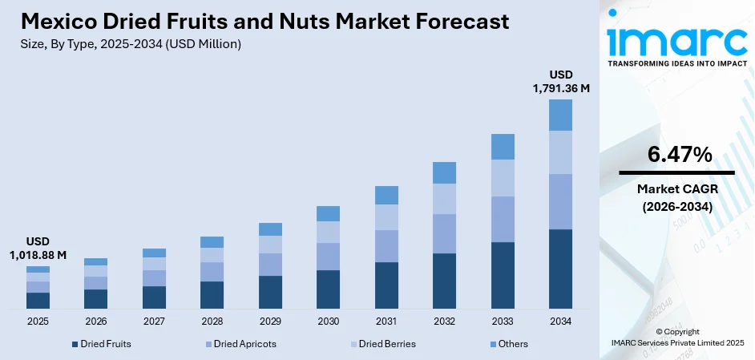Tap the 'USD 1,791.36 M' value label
tap(560, 82)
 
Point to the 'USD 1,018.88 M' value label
tap(38, 248)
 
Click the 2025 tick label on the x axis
tap(38, 321)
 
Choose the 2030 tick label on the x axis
tap(328, 321)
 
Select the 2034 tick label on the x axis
tap(560, 321)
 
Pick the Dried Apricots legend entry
tap(240, 344)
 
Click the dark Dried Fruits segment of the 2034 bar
tap(560, 269)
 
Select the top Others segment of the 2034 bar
tap(560, 115)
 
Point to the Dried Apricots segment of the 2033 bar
tap(503, 219)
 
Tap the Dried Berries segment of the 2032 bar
tap(444, 199)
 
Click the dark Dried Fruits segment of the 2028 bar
tap(212, 295)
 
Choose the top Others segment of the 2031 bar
tap(386, 195)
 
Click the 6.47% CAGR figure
tap(676, 156)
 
